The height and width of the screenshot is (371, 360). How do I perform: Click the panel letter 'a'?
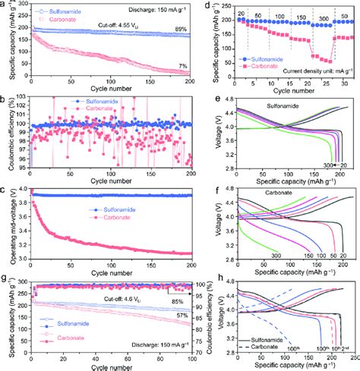5,5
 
